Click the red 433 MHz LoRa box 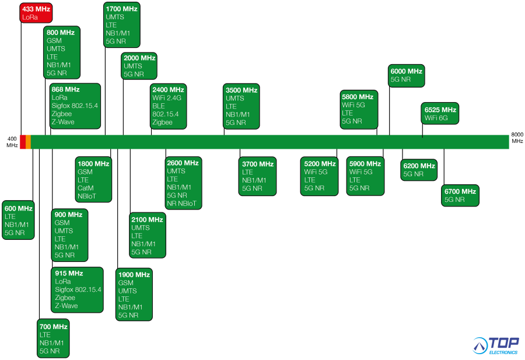(36, 13)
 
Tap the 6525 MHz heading (440, 110)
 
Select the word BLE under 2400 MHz (159, 106)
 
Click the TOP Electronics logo (496, 345)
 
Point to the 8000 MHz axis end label (517, 138)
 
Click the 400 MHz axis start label (12, 142)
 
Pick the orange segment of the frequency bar (28, 142)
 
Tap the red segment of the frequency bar (23, 142)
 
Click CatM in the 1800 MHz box (85, 188)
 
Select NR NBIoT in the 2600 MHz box (181, 204)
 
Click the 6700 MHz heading (460, 191)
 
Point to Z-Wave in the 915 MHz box (66, 306)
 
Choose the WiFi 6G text (436, 118)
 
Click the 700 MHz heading (54, 327)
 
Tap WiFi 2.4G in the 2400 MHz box (167, 98)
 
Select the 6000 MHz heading (407, 71)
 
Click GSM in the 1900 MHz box (126, 283)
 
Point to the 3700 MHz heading (258, 164)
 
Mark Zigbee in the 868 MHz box (62, 114)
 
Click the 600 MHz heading (19, 209)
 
